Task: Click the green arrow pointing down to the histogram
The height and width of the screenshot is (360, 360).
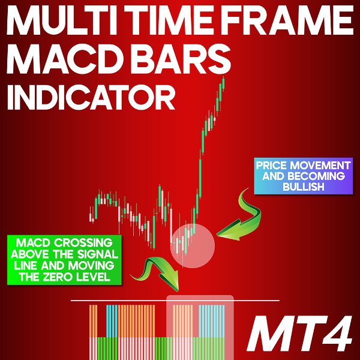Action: [160, 273]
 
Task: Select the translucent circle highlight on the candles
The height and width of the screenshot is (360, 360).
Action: [192, 245]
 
